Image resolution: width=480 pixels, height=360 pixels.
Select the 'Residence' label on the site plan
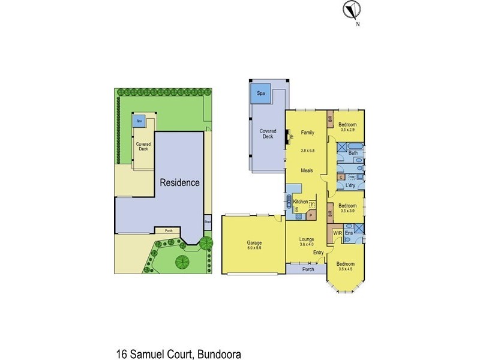pyautogui.click(x=179, y=182)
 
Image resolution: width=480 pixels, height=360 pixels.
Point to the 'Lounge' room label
pyautogui.click(x=307, y=239)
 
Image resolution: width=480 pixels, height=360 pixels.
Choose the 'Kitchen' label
pyautogui.click(x=301, y=201)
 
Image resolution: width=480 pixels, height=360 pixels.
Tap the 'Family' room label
pyautogui.click(x=307, y=132)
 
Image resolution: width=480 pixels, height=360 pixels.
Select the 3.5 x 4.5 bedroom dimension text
pyautogui.click(x=344, y=269)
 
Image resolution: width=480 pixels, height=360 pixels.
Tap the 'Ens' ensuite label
pyautogui.click(x=349, y=232)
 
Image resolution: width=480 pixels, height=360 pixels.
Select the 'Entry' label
pyautogui.click(x=319, y=253)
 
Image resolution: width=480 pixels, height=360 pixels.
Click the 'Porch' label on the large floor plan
pyautogui.click(x=308, y=269)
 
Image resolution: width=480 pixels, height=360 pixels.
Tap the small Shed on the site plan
pyautogui.click(x=208, y=221)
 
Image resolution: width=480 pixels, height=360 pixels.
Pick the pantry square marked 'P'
pyautogui.click(x=311, y=214)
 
